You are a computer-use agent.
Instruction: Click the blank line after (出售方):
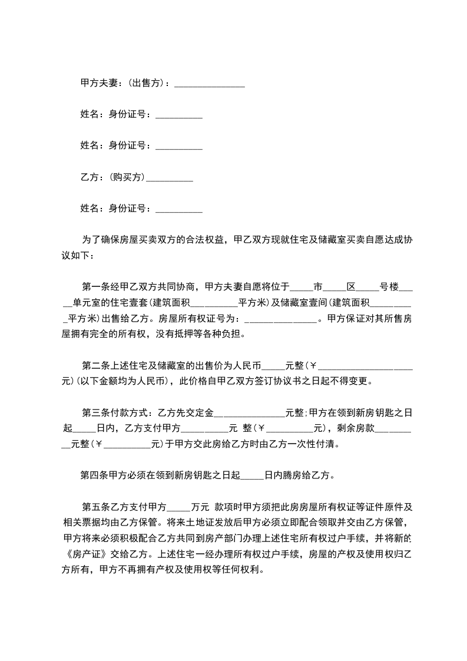pyautogui.click(x=210, y=84)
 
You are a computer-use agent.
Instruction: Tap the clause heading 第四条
pyautogui.click(x=94, y=475)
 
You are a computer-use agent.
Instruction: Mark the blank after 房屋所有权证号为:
pyautogui.click(x=280, y=320)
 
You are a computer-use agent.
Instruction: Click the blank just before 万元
pyautogui.click(x=179, y=507)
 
